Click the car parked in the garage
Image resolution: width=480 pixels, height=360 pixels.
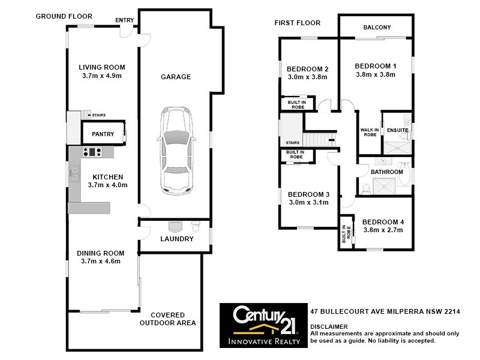(176, 150)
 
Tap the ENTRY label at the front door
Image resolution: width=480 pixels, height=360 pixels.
(124, 20)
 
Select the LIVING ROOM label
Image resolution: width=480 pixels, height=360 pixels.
(101, 67)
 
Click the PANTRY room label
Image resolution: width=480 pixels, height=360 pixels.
(103, 134)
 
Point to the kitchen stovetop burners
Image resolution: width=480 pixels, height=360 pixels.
(92, 152)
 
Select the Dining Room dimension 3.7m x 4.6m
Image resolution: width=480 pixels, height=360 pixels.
(101, 261)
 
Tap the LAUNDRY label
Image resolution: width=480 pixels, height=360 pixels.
(176, 239)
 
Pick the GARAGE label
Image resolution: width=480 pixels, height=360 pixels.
(176, 77)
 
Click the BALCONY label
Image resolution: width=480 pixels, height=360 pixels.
(377, 28)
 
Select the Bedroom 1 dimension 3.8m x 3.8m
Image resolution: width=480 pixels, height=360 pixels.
(375, 75)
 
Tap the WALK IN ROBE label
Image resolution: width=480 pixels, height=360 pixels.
(368, 132)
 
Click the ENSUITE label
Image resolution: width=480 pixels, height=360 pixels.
(397, 130)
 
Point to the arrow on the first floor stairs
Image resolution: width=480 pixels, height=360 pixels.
(331, 140)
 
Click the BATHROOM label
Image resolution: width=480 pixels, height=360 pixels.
(386, 172)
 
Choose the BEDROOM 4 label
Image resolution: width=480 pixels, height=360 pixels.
(383, 222)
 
